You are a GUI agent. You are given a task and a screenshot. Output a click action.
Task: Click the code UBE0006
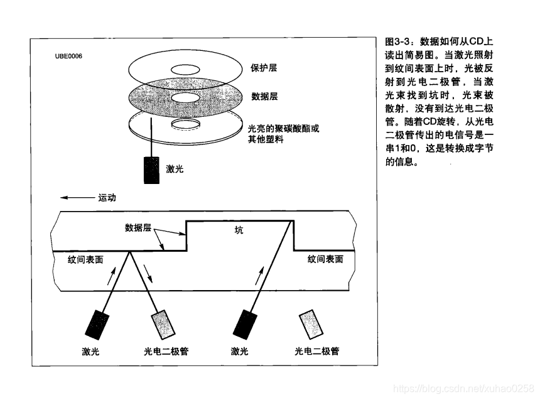(68, 56)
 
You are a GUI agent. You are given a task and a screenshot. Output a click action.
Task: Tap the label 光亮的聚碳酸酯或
(284, 128)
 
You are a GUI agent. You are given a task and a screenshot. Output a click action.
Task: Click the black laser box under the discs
(151, 169)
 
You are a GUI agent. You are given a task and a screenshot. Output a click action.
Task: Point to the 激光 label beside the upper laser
(175, 169)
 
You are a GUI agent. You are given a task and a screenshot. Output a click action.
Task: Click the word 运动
(107, 197)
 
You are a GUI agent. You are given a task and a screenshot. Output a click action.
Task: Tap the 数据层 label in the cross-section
(138, 227)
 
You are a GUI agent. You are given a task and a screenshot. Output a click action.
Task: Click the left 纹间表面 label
(85, 259)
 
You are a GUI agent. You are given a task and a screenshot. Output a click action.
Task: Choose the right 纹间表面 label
(325, 259)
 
